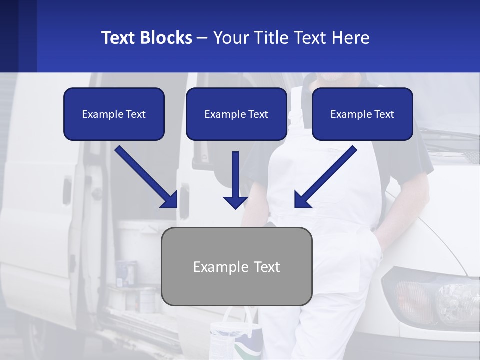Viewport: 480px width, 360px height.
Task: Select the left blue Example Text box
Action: pos(114,114)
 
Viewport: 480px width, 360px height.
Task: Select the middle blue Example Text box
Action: pos(236,114)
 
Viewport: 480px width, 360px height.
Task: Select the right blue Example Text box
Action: pos(362,114)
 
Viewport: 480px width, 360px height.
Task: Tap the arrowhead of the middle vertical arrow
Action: pos(235,202)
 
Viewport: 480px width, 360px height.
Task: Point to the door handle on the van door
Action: pos(66,190)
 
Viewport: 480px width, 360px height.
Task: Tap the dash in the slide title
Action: pos(202,38)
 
